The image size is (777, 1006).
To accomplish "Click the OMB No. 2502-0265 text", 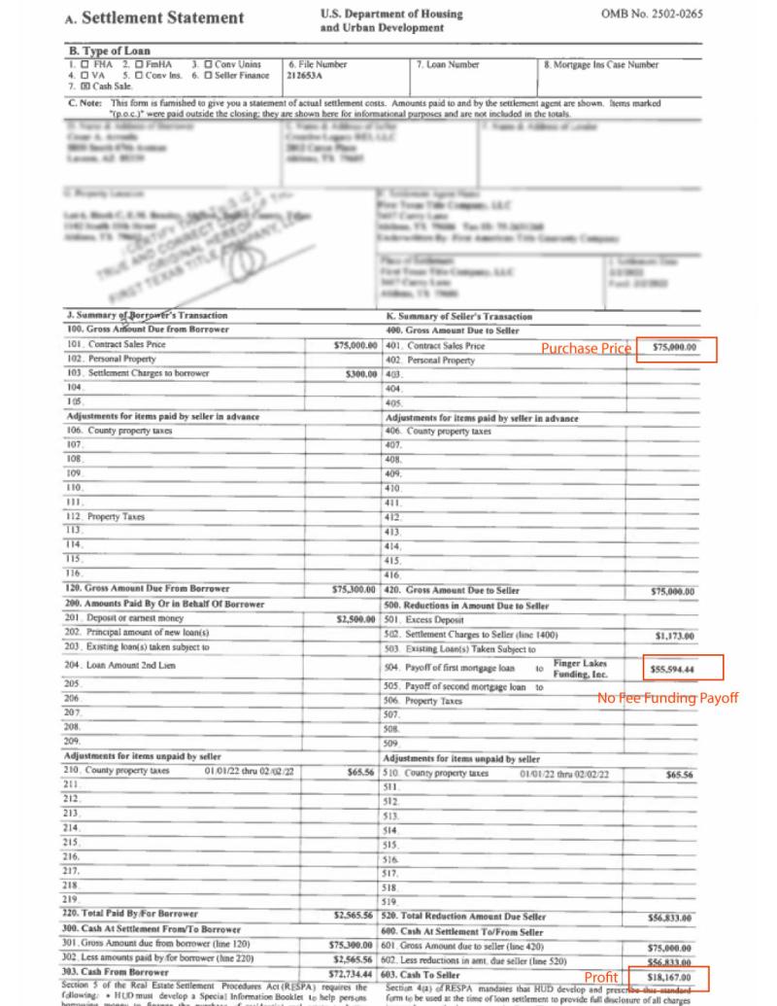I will pos(645,15).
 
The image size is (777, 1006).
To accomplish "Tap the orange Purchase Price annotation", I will pos(586,349).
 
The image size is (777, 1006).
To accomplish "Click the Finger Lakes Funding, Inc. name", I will pos(580,668).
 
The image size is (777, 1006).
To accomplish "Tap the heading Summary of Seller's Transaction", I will pos(459,317).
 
